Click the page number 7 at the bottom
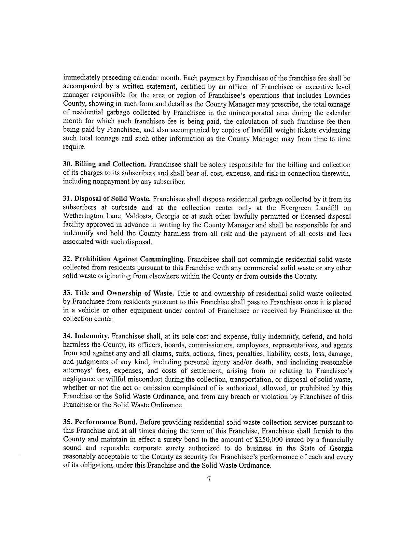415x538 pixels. [209, 479]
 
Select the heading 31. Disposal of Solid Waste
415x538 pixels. [107, 199]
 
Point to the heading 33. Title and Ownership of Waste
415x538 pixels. [118, 294]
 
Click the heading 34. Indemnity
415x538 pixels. [86, 336]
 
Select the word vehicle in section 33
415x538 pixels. [86, 311]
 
